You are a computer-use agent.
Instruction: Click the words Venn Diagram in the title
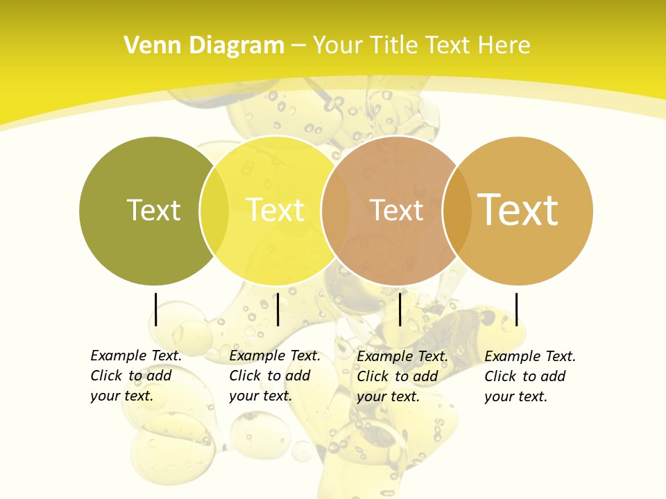[x=204, y=46]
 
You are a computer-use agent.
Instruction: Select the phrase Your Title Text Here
[x=421, y=46]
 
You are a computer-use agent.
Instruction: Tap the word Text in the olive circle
[x=153, y=210]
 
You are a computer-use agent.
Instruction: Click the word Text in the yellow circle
[x=275, y=210]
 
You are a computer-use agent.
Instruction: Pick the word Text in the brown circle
[x=396, y=210]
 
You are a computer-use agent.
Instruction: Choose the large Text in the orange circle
[x=518, y=209]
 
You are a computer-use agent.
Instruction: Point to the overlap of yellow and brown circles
[x=335, y=211]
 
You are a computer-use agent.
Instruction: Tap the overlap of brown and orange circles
[x=456, y=211]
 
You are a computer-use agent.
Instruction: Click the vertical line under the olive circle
[x=156, y=309]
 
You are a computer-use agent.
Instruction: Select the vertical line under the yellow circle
[x=277, y=309]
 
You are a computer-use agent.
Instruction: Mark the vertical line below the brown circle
[x=400, y=309]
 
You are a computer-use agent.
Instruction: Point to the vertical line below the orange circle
[x=516, y=309]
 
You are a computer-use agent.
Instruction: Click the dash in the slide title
[x=298, y=46]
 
